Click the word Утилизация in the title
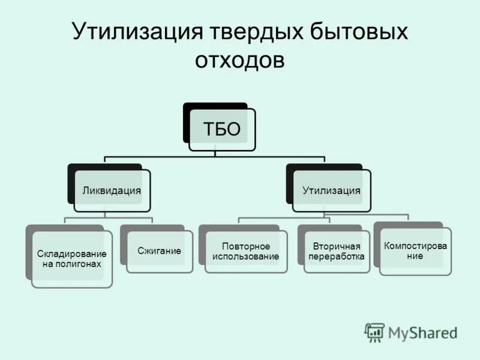tap(136, 32)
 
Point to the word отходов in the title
tap(239, 61)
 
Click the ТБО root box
tap(222, 129)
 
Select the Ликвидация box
tap(112, 191)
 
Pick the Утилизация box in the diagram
tap(331, 191)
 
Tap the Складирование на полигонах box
tap(72, 259)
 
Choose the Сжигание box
tap(159, 251)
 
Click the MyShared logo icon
tap(374, 332)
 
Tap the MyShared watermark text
tap(422, 332)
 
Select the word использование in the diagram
tap(246, 257)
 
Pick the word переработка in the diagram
tap(336, 257)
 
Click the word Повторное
tap(246, 247)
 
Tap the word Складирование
tap(72, 254)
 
